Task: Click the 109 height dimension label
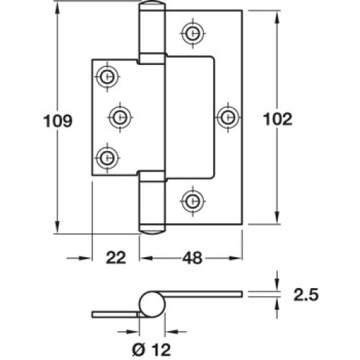coord(58,121)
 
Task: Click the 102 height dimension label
coord(278,119)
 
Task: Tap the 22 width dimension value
coord(116,258)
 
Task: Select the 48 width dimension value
coord(192,258)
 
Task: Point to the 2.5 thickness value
coord(306,294)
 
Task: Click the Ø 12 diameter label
coord(151,349)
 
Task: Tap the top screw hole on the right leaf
coord(192,33)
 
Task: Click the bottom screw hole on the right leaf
coord(192,201)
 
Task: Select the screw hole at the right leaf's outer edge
coord(228,117)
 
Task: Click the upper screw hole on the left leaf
coord(107,77)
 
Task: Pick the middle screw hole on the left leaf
coord(120,117)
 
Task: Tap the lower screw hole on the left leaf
coord(107,158)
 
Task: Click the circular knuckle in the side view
coord(153,304)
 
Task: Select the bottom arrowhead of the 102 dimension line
coord(277,217)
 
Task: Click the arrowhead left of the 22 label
coord(85,258)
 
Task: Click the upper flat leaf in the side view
coord(204,294)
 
